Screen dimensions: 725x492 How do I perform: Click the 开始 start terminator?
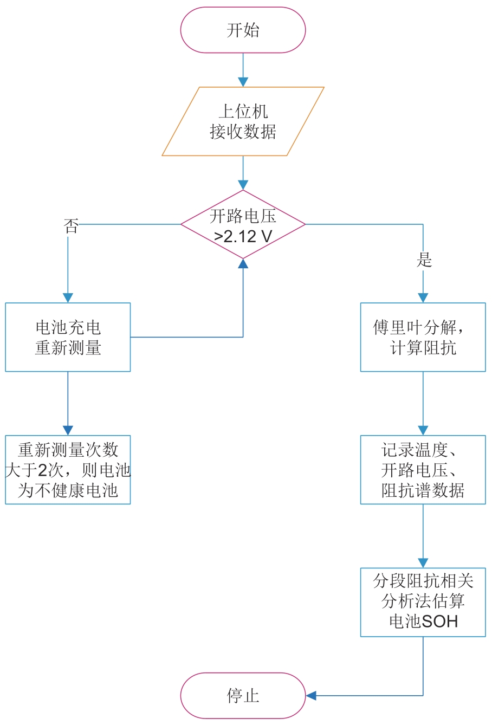[243, 30]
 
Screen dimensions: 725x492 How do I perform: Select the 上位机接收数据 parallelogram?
[243, 121]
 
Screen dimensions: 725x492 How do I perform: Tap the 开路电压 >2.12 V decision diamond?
[243, 224]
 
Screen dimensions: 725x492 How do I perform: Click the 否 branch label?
[71, 226]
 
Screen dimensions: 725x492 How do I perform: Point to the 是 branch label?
[424, 260]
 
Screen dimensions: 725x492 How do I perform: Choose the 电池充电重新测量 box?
[68, 337]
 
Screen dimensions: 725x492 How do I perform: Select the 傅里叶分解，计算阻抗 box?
[423, 337]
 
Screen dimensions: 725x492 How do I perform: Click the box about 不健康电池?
[68, 470]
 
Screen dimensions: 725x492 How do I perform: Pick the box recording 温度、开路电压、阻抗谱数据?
[423, 470]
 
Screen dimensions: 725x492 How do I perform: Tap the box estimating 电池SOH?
[423, 602]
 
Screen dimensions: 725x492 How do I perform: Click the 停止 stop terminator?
[243, 696]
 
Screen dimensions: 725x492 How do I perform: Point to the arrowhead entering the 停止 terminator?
[311, 696]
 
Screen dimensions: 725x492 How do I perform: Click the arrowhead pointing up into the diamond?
[243, 263]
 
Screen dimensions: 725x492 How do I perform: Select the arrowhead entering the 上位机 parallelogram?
[243, 82]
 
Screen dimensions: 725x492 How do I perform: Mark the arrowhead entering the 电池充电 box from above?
[68, 297]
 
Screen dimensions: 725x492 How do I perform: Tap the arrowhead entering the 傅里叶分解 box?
[423, 297]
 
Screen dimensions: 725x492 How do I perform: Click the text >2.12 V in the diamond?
[243, 237]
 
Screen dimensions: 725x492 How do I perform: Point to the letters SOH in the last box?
[439, 622]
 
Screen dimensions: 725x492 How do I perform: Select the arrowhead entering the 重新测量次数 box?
[68, 430]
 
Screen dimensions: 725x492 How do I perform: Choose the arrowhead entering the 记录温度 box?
[423, 430]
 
